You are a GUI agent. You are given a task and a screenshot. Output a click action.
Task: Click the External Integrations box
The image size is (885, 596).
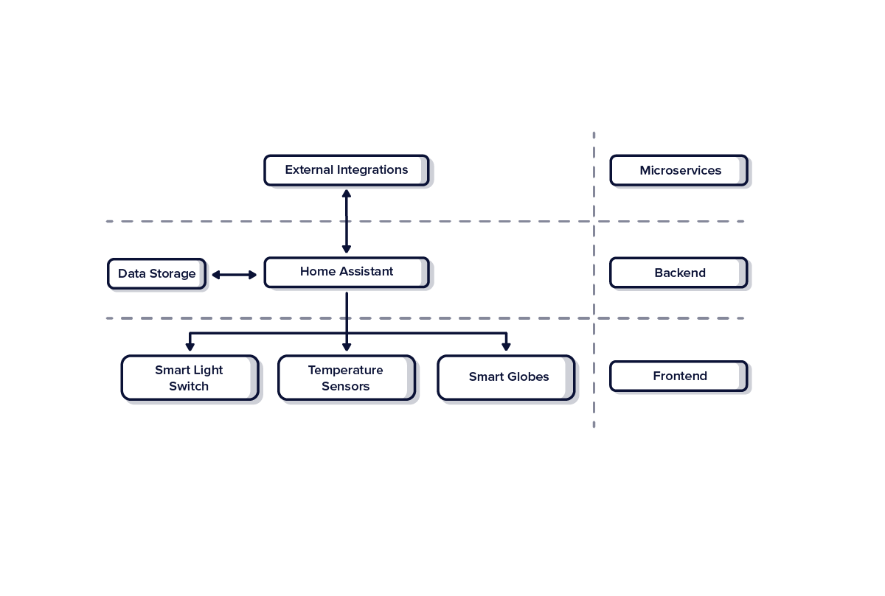pos(346,170)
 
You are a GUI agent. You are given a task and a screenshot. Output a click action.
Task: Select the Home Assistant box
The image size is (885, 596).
pos(346,272)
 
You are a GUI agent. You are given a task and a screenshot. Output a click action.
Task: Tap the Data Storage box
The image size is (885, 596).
pos(156,274)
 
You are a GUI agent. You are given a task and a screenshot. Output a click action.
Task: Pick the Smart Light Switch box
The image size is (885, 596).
pos(190,378)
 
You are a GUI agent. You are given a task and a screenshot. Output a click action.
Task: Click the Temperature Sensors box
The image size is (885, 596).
pos(346,378)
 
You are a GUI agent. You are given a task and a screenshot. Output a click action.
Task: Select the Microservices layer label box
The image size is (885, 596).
pos(678,170)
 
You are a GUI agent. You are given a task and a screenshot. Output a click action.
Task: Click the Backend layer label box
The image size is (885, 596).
pos(678,273)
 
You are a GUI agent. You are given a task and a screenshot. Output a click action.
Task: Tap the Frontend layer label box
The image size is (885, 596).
pos(678,376)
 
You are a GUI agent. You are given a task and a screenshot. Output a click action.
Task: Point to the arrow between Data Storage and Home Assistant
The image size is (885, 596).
pos(235,275)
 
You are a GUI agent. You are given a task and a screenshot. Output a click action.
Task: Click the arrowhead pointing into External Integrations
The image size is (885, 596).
pos(346,194)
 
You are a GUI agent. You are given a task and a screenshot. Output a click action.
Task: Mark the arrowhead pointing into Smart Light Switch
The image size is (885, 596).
pos(190,346)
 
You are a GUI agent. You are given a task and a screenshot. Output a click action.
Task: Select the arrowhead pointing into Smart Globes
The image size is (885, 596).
pos(506,346)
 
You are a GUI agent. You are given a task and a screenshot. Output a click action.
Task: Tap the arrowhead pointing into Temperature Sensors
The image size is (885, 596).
pos(346,346)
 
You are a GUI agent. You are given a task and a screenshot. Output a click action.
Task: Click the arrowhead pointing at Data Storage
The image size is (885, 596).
pos(216,275)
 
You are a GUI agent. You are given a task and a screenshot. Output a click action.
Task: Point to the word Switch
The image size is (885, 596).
pos(189,386)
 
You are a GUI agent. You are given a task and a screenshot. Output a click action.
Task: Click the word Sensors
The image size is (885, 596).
pos(345,386)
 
